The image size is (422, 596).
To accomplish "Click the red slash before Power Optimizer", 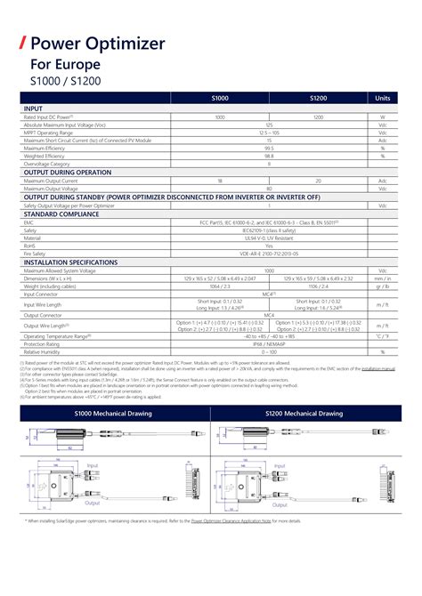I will point(23,43).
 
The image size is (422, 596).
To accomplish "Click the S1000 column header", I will point(220,98).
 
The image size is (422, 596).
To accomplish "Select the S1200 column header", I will point(318,98).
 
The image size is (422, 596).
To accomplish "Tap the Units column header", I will point(383,98).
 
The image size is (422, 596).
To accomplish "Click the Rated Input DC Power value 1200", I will point(318,117).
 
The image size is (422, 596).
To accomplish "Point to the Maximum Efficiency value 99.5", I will point(269,148).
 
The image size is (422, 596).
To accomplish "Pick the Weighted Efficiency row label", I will point(44,156).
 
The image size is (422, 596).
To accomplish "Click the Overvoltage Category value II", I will point(269,164).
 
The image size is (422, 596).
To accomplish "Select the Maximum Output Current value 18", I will point(220,181).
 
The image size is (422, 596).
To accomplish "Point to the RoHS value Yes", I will point(269,246).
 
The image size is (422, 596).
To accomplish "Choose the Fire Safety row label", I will point(36,254).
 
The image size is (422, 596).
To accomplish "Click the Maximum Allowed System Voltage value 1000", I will point(269,270).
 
